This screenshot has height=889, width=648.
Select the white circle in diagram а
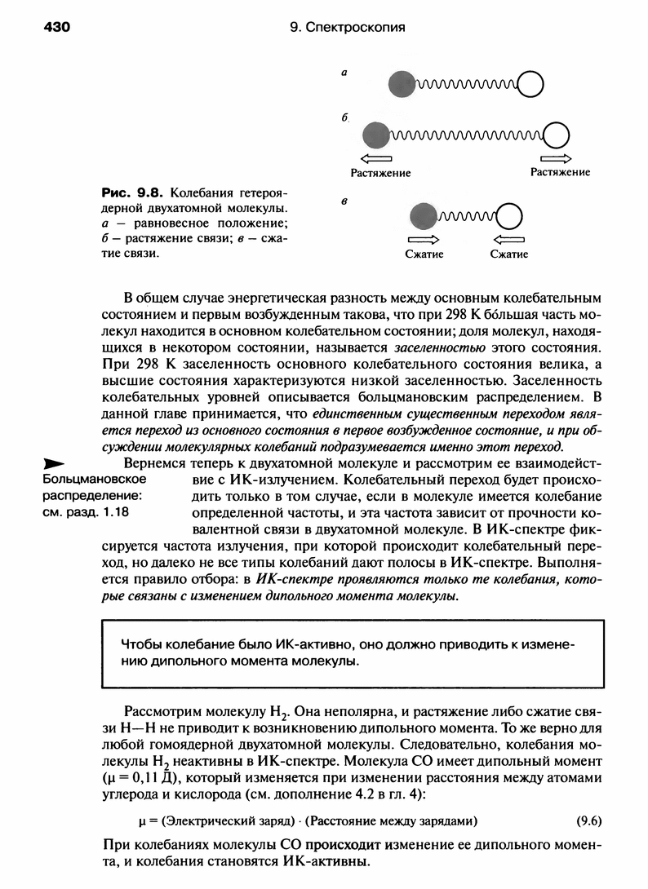530,83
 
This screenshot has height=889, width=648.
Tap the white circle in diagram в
509,216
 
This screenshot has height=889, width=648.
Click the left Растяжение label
380,173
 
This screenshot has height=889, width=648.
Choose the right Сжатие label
509,254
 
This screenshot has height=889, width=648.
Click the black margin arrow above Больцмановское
55,462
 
